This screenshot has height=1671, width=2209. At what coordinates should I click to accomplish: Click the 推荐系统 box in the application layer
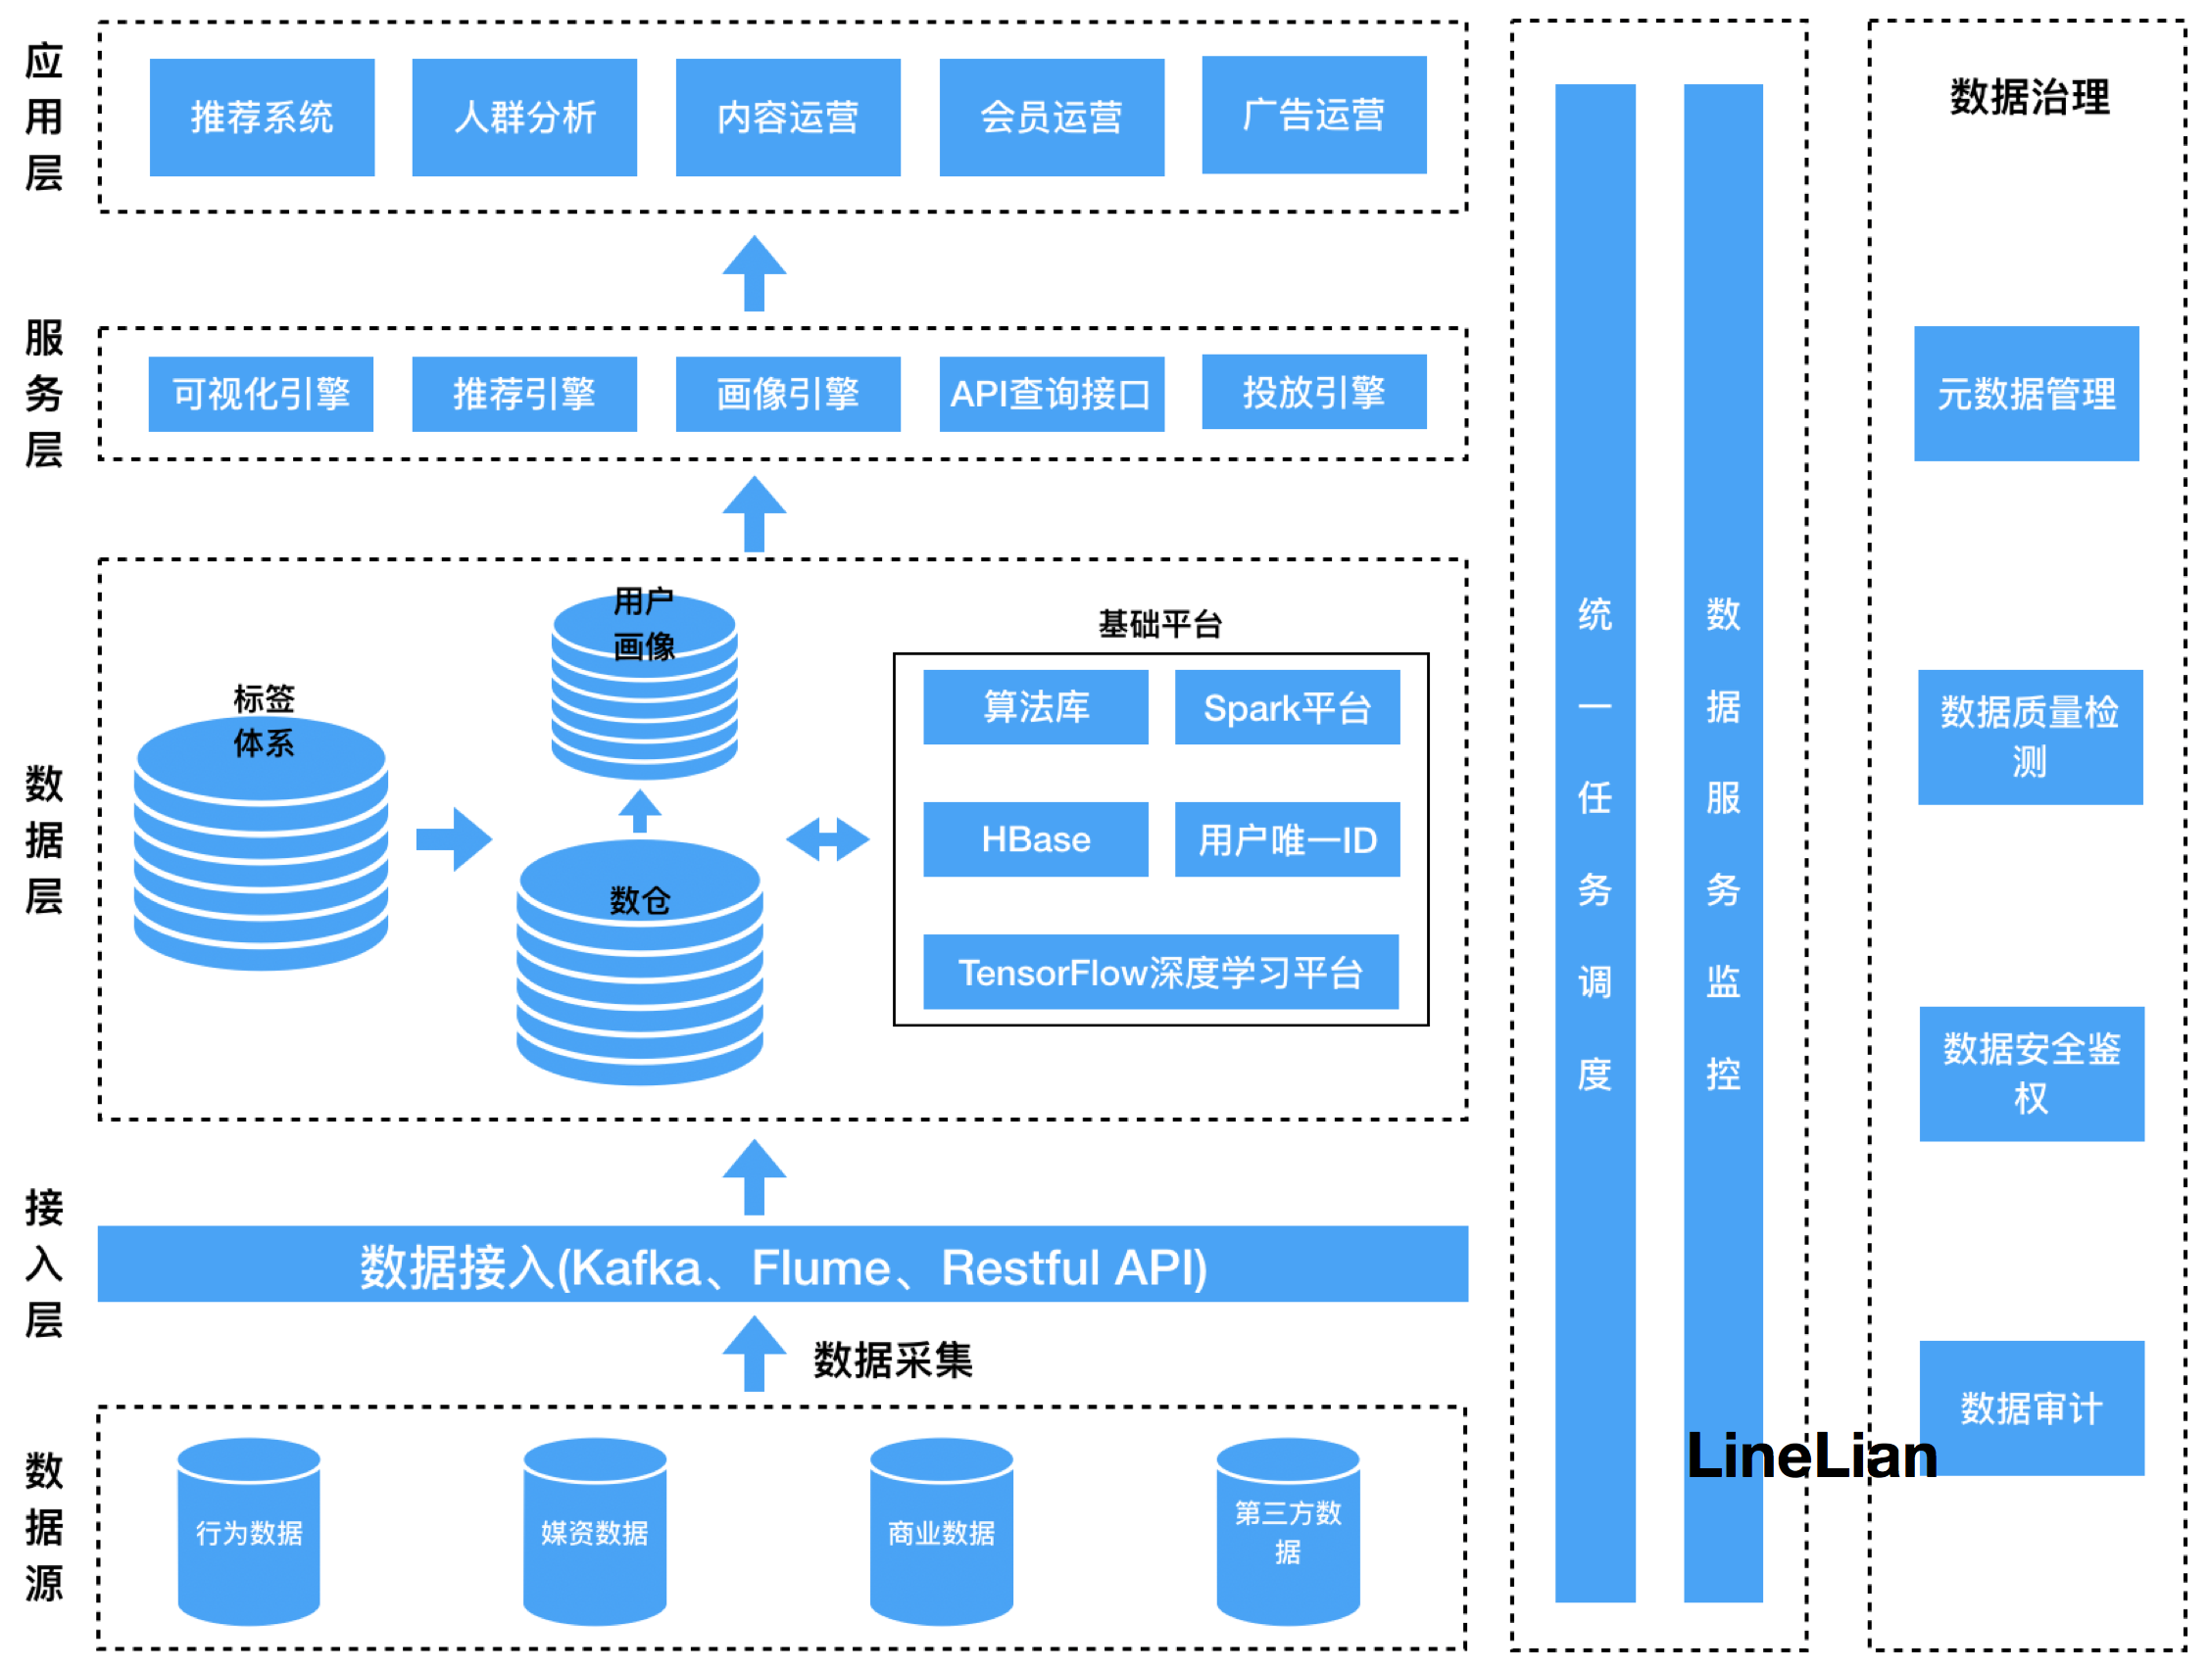262,118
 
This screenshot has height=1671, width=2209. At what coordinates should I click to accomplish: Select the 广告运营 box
1313,115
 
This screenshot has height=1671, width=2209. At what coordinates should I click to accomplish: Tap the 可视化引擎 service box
261,394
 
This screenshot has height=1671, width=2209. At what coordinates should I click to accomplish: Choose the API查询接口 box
1051,394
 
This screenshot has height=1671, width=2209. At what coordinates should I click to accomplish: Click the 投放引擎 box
1313,391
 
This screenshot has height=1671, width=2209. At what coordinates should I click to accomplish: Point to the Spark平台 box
1286,707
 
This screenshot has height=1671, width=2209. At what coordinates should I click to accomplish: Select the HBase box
1035,838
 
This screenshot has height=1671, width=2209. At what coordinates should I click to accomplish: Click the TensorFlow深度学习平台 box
1160,972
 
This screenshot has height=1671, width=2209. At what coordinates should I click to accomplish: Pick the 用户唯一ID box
1286,838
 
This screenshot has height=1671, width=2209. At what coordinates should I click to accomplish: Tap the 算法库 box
1035,707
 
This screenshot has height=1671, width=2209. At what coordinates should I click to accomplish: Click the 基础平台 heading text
1159,624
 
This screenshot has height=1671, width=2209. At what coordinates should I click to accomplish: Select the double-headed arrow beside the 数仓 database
827,838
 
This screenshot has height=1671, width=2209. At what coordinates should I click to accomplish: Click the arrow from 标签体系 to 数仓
454,838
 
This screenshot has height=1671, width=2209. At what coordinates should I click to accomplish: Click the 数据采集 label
892,1360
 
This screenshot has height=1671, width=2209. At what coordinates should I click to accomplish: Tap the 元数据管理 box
2026,394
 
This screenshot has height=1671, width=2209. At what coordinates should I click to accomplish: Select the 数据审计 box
2031,1408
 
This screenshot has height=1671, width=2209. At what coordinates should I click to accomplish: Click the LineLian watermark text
1810,1456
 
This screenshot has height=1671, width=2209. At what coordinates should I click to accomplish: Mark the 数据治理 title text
2030,98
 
